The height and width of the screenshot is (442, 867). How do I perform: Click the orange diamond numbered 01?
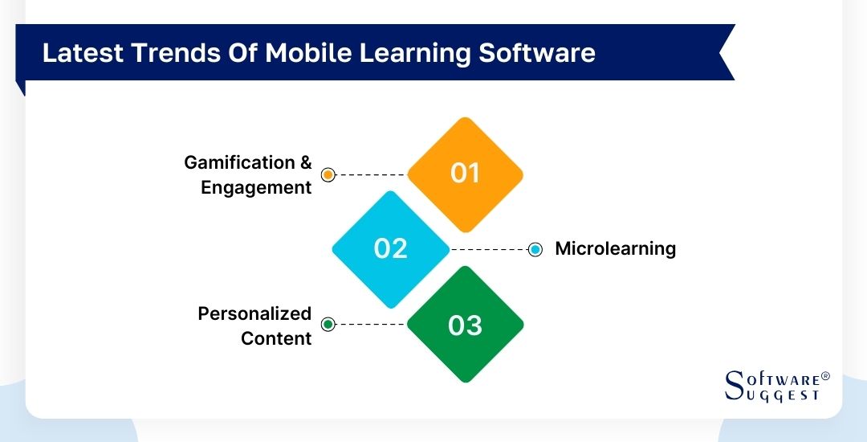point(465,174)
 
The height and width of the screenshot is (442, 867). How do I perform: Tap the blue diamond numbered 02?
point(391,248)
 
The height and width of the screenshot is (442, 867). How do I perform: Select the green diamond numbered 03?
point(465,325)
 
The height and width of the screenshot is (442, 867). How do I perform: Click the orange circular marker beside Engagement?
point(328,174)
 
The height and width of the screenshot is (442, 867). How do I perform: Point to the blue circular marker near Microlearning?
point(535,249)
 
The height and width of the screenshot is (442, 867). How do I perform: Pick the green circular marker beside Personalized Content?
point(328,325)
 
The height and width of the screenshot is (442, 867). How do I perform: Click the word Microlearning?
point(615,248)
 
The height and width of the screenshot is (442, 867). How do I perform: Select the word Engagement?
point(255,187)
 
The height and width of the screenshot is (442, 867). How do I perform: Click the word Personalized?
point(254,313)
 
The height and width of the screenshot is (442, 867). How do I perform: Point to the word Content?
point(275,338)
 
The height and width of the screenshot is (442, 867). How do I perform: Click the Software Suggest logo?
point(775,387)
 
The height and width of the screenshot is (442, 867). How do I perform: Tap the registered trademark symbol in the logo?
point(825,376)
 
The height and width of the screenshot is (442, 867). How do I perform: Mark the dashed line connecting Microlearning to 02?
point(490,249)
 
